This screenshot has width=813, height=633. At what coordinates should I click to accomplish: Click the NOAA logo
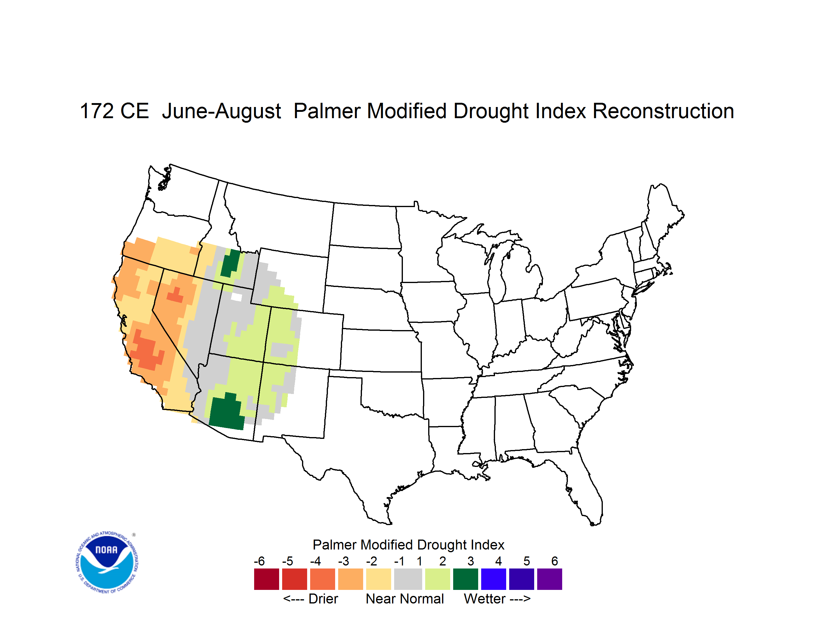point(107,562)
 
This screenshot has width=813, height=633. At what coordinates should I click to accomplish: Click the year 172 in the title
point(97,111)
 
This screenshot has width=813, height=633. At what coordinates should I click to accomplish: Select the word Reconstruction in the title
point(663,111)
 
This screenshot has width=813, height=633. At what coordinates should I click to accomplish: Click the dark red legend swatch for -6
point(266,579)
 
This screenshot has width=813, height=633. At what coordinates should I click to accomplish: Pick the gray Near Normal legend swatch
point(408,579)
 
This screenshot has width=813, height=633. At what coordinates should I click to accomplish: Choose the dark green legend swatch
point(465,579)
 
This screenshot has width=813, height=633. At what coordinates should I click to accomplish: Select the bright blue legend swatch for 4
point(494,579)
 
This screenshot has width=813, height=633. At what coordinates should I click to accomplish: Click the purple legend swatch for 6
point(550,579)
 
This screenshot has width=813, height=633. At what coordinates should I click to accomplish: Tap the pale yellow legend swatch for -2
point(378,579)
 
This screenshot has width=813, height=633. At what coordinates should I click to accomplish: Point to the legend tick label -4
point(315,561)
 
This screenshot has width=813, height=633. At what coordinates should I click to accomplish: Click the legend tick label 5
point(526,561)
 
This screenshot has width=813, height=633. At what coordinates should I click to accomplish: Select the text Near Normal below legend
point(405,599)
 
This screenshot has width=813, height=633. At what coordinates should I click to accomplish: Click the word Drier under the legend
point(323,599)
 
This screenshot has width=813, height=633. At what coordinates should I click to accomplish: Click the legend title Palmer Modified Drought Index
point(408,545)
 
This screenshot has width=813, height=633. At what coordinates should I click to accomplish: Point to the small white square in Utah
point(236,297)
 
